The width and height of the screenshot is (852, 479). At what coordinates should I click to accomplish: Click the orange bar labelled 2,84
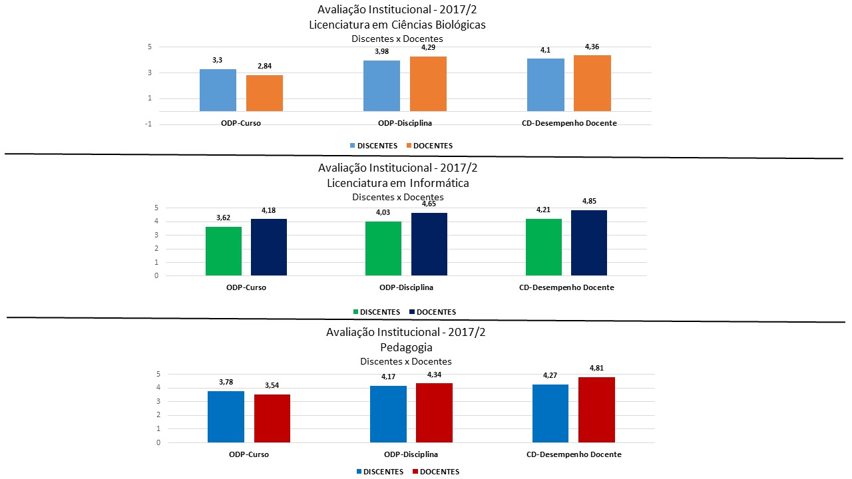pyautogui.click(x=264, y=93)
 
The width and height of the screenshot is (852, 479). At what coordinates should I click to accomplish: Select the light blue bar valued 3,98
pyautogui.click(x=381, y=86)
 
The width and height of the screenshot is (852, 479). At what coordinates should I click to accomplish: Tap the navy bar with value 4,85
pyautogui.click(x=589, y=243)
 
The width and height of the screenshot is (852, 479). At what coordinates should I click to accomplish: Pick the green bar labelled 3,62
pyautogui.click(x=224, y=251)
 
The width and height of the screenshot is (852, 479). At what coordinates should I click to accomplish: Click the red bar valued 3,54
pyautogui.click(x=272, y=418)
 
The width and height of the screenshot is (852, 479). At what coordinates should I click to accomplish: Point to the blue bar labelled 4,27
pyautogui.click(x=550, y=413)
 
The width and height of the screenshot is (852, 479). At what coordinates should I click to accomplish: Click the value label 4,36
pyautogui.click(x=592, y=47)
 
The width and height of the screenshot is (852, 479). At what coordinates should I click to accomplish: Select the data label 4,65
pyautogui.click(x=429, y=204)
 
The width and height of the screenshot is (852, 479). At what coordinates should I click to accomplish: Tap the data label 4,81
pyautogui.click(x=596, y=368)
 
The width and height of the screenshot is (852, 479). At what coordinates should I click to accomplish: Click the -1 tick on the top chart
pyautogui.click(x=149, y=124)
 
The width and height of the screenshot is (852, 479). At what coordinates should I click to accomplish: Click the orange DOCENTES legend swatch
pyautogui.click(x=407, y=146)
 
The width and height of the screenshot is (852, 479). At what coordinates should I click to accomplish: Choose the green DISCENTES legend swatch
pyautogui.click(x=356, y=312)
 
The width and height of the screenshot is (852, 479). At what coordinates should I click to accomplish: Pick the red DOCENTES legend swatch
pyautogui.click(x=417, y=472)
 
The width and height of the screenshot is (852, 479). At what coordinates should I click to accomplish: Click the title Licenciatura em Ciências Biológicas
pyautogui.click(x=397, y=25)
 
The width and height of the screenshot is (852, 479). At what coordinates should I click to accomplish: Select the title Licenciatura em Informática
pyautogui.click(x=398, y=183)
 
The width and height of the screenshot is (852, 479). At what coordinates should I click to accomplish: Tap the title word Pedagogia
pyautogui.click(x=406, y=347)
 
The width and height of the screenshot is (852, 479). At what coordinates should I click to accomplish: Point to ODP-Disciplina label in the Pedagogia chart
pyautogui.click(x=411, y=454)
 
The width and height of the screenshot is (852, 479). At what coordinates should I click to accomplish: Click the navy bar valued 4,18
pyautogui.click(x=269, y=247)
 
